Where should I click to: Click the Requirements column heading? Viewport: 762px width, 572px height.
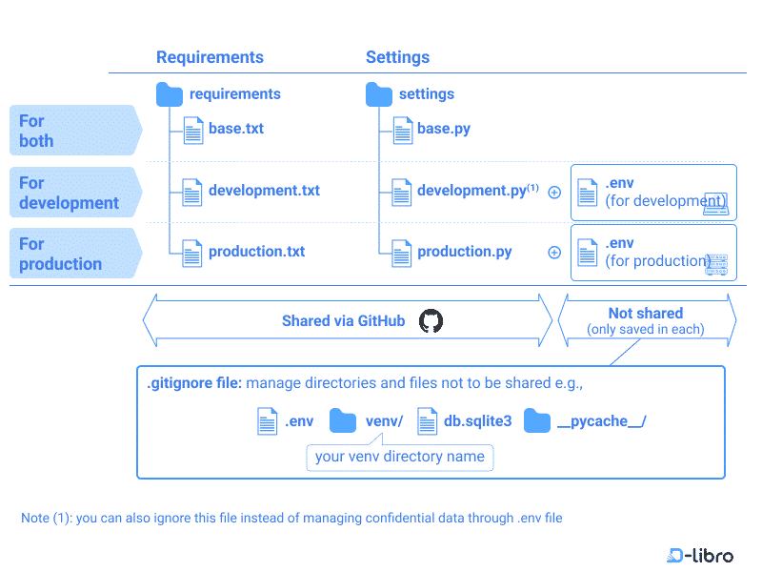point(210,57)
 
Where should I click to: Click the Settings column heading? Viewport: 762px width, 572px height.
point(397,57)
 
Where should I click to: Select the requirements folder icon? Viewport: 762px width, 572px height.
point(170,94)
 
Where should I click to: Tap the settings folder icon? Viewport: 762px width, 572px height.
point(379,94)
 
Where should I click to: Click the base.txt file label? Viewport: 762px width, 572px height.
point(236,129)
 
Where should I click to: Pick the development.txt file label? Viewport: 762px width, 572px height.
point(264,191)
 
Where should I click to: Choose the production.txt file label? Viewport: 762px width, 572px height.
point(256,252)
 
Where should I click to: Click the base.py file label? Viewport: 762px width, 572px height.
point(444,129)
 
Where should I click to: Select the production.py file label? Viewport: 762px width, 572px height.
point(465,252)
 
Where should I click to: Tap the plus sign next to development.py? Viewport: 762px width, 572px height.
point(554,192)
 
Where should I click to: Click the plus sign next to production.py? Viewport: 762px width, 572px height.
point(554,253)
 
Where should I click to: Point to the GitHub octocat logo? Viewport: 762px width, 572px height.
point(431,321)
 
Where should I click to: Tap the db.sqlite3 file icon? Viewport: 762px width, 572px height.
point(427,421)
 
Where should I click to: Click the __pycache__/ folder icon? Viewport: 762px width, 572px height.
point(537,421)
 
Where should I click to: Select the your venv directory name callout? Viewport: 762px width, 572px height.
point(400,457)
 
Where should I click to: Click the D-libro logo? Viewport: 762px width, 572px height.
point(701,555)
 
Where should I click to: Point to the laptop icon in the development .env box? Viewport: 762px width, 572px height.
point(714,203)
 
